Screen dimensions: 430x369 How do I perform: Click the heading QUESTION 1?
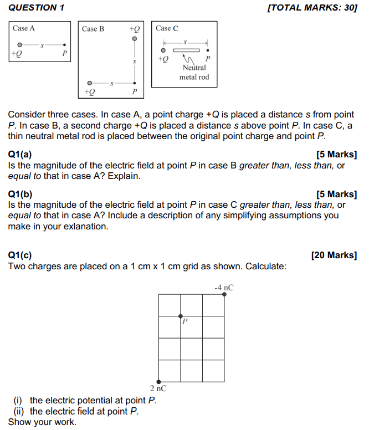coord(37,8)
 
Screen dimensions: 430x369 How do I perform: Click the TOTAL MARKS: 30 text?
coord(312,8)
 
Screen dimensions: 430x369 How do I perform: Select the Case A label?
coord(24,28)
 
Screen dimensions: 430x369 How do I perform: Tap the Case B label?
coord(93,29)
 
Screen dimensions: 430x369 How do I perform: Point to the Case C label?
coord(167,28)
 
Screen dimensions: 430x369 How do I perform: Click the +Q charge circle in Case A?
coord(19,44)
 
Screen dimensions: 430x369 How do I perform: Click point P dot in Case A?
coord(65,45)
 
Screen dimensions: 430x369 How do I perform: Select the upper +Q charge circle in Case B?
coord(134,38)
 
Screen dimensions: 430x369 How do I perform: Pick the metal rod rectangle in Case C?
coord(186,50)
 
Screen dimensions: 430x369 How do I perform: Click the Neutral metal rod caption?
coord(194,72)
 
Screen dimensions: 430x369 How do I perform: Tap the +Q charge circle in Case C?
coord(163,50)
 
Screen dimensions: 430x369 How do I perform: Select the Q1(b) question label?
coord(20,194)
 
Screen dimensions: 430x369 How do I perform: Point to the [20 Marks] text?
coord(334,255)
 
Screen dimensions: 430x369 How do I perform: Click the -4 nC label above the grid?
coord(224,287)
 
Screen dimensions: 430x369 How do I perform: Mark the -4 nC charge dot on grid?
coord(224,294)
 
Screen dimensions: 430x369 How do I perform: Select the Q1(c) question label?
coord(20,255)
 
